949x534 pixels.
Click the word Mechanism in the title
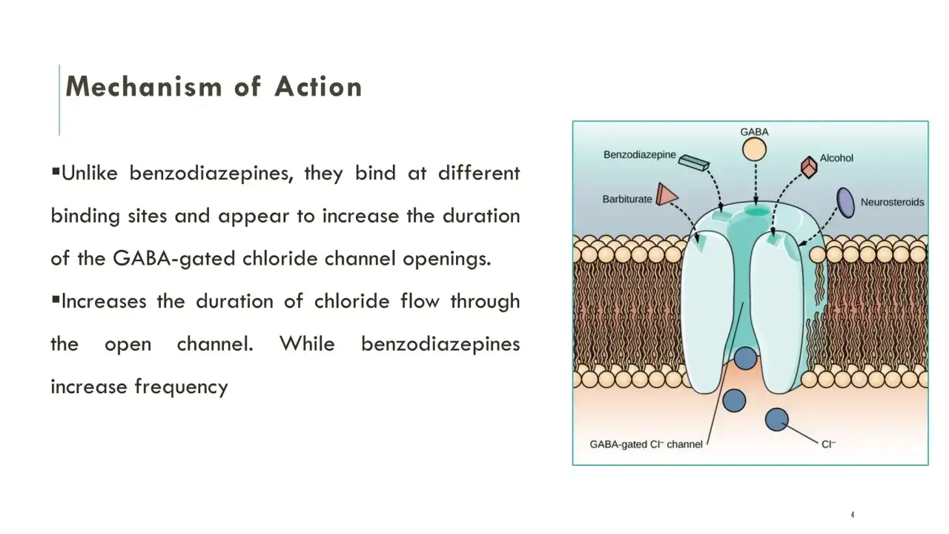click(x=144, y=87)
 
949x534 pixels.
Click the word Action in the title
click(x=318, y=87)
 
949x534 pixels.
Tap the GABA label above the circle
click(x=754, y=132)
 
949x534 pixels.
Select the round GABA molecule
click(x=754, y=150)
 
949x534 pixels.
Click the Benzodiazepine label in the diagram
click(x=639, y=155)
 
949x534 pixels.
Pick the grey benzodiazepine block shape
click(x=693, y=162)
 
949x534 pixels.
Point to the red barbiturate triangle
click(x=667, y=194)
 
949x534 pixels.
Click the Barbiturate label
click(x=627, y=200)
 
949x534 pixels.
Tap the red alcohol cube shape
click(x=809, y=167)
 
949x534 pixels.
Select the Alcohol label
click(x=836, y=158)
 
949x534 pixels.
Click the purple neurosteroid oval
click(x=846, y=203)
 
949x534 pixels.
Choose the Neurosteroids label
click(x=892, y=202)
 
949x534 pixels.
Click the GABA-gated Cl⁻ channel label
click(x=646, y=444)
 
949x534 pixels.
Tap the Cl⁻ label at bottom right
click(x=828, y=444)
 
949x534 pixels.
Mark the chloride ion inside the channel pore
click(x=745, y=358)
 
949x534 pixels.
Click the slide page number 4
click(x=853, y=515)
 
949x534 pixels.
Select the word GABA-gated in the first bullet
click(x=173, y=259)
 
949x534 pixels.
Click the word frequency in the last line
click(x=182, y=387)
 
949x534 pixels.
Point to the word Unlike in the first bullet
click(x=90, y=173)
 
